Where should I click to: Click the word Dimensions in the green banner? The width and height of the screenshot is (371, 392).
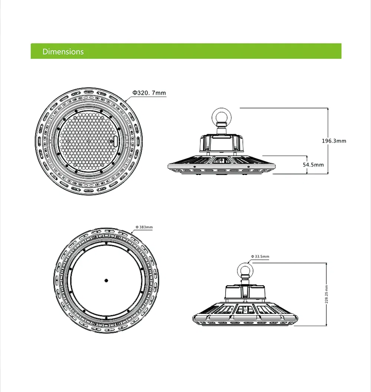tap(63, 52)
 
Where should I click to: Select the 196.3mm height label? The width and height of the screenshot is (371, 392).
tap(334, 141)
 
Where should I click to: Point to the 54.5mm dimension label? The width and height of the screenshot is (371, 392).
tap(313, 164)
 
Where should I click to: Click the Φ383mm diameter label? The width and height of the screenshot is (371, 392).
tap(144, 227)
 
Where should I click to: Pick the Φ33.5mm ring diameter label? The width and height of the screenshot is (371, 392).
tap(260, 257)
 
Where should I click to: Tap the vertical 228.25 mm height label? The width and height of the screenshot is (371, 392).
tap(326, 294)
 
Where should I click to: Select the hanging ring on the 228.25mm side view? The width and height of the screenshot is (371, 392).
tap(245, 270)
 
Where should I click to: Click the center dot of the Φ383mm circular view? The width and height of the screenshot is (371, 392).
tap(106, 280)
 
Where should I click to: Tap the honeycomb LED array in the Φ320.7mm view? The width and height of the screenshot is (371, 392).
tap(88, 140)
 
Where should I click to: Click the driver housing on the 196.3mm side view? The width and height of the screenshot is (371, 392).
tap(221, 143)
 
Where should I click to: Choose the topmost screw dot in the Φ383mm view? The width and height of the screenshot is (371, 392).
tap(106, 243)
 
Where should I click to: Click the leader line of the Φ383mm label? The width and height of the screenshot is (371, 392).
tap(143, 230)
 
